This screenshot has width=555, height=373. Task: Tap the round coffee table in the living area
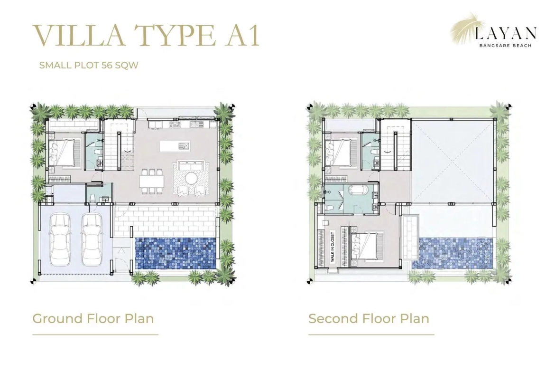pos(192,178)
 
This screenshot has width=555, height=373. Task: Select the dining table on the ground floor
pos(152,181)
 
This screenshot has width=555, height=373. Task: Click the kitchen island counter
pos(175,146)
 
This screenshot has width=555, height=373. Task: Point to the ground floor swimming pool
pos(176,253)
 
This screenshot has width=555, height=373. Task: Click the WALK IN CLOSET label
pos(333,247)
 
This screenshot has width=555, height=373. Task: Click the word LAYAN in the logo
pos(506,34)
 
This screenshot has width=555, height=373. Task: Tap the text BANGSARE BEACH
pos(505,46)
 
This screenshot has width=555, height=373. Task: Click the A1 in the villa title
pos(243,36)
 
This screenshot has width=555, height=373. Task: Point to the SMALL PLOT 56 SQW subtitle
pos(89,65)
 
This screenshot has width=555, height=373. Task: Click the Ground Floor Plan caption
pos(93,318)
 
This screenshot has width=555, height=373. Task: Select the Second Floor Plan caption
pos(369,318)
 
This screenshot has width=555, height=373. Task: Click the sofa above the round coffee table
pos(189,165)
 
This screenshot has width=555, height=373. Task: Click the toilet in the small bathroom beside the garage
pos(92,197)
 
